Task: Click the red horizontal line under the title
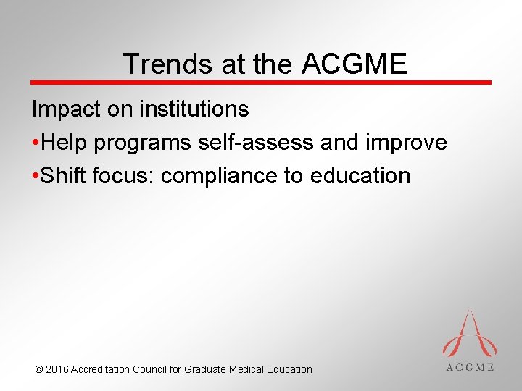point(261,83)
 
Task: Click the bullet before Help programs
point(36,143)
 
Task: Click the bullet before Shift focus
point(36,176)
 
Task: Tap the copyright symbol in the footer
point(38,369)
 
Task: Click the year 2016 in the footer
point(57,369)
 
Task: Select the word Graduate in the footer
point(205,369)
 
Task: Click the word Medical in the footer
point(247,369)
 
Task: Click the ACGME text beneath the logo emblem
point(468,367)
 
